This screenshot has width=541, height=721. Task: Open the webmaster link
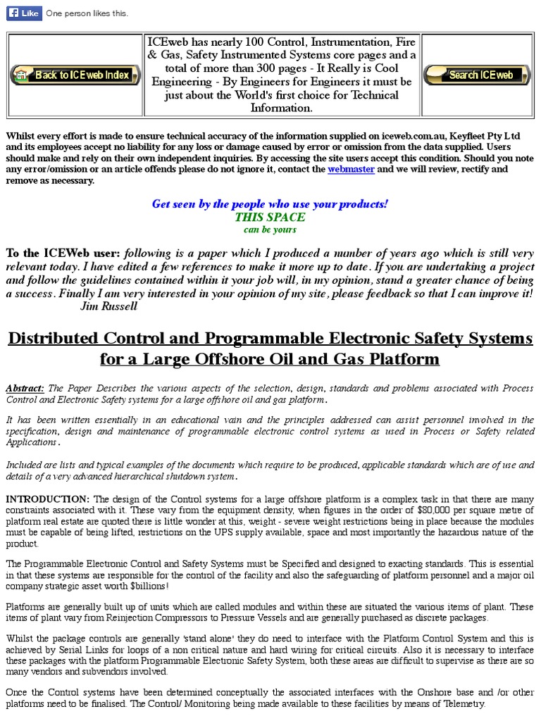click(351, 170)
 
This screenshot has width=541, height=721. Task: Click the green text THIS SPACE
click(270, 217)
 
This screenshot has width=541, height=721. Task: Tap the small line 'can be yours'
click(270, 230)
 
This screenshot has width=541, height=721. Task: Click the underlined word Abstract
click(25, 389)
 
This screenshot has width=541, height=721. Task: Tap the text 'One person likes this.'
click(87, 13)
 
